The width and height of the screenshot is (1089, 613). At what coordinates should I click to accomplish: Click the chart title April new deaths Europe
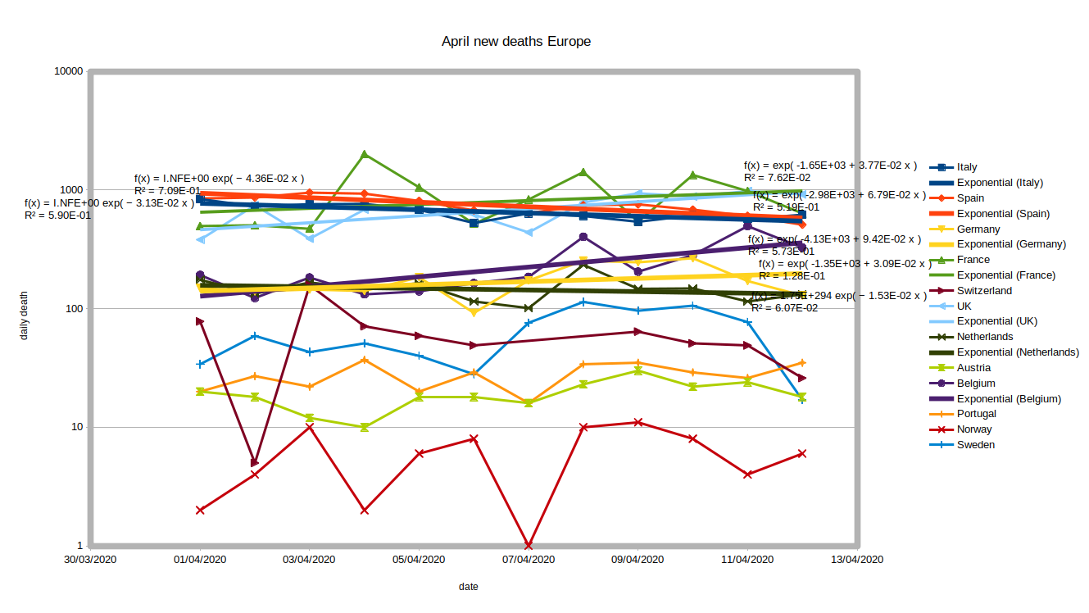coord(515,41)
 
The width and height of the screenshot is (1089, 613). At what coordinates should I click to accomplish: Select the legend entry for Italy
coord(967,167)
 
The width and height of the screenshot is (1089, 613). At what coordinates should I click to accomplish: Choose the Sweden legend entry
coord(975,445)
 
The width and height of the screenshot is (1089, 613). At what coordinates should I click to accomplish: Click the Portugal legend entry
coord(976,414)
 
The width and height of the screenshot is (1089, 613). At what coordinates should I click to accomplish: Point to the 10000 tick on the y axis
coord(67,71)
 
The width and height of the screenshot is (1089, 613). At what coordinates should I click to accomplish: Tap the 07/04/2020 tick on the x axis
coord(529,560)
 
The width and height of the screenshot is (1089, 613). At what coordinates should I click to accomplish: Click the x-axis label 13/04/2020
coord(857,560)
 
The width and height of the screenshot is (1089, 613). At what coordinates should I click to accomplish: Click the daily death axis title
coord(24,315)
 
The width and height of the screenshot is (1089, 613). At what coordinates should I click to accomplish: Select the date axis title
coord(469,587)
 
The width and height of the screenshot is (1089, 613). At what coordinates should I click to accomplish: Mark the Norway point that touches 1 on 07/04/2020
coord(529,546)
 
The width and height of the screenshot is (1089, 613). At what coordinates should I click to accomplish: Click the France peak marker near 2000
coord(365,154)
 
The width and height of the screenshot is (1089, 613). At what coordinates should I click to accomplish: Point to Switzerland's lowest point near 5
coord(255,463)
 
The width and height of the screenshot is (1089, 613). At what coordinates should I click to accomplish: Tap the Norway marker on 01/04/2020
coord(200,510)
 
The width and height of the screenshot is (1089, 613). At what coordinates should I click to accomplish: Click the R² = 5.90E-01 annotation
coord(57,216)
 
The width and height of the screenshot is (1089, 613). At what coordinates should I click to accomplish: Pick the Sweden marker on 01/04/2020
coord(200,364)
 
